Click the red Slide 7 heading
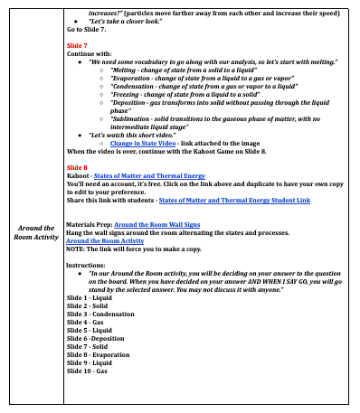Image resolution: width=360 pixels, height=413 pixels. coord(77,43)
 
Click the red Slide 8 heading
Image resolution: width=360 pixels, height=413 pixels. coord(77,167)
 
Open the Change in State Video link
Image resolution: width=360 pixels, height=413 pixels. coord(143,143)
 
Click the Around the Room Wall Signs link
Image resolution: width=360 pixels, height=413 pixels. coord(157,223)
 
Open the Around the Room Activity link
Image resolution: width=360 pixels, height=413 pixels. coord(105,241)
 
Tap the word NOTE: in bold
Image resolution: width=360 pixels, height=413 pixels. coord(78,249)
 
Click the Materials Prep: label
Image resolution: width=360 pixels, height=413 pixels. coord(90,223)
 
